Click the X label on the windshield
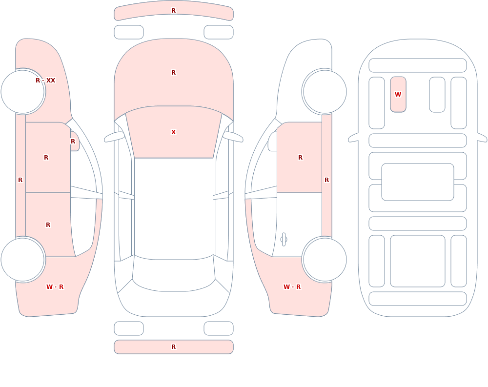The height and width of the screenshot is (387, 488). point(174,132)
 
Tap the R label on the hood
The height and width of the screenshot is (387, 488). point(174,73)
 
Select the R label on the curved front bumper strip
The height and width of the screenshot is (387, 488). point(174,11)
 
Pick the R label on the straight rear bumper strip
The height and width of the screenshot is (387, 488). point(174,347)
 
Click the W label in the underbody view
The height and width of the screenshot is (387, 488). point(398,94)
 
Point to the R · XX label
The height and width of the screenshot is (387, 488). point(45,81)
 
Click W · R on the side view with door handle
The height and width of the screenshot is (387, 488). point(292,287)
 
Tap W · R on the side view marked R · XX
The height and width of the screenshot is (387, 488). point(55,287)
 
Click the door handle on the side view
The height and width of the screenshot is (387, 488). point(284,240)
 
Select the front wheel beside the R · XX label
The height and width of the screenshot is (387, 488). point(23,92)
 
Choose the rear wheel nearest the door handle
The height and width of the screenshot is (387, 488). point(325,259)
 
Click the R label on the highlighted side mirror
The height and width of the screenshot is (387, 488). point(73,142)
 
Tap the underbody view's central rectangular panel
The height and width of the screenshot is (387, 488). point(418,182)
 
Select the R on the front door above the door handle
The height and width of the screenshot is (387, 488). point(300,158)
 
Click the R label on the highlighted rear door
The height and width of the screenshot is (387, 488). point(48,225)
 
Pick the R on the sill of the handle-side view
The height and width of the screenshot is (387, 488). point(327,180)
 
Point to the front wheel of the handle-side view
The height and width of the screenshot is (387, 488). point(325,92)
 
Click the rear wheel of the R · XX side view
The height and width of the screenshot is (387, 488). point(23,259)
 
